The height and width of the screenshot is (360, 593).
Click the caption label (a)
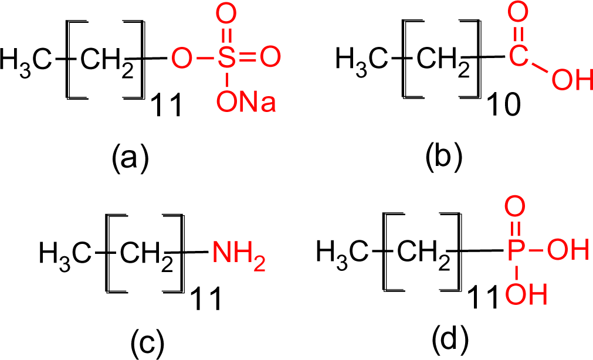pos(130,157)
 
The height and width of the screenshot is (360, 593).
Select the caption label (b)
pos(443,157)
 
